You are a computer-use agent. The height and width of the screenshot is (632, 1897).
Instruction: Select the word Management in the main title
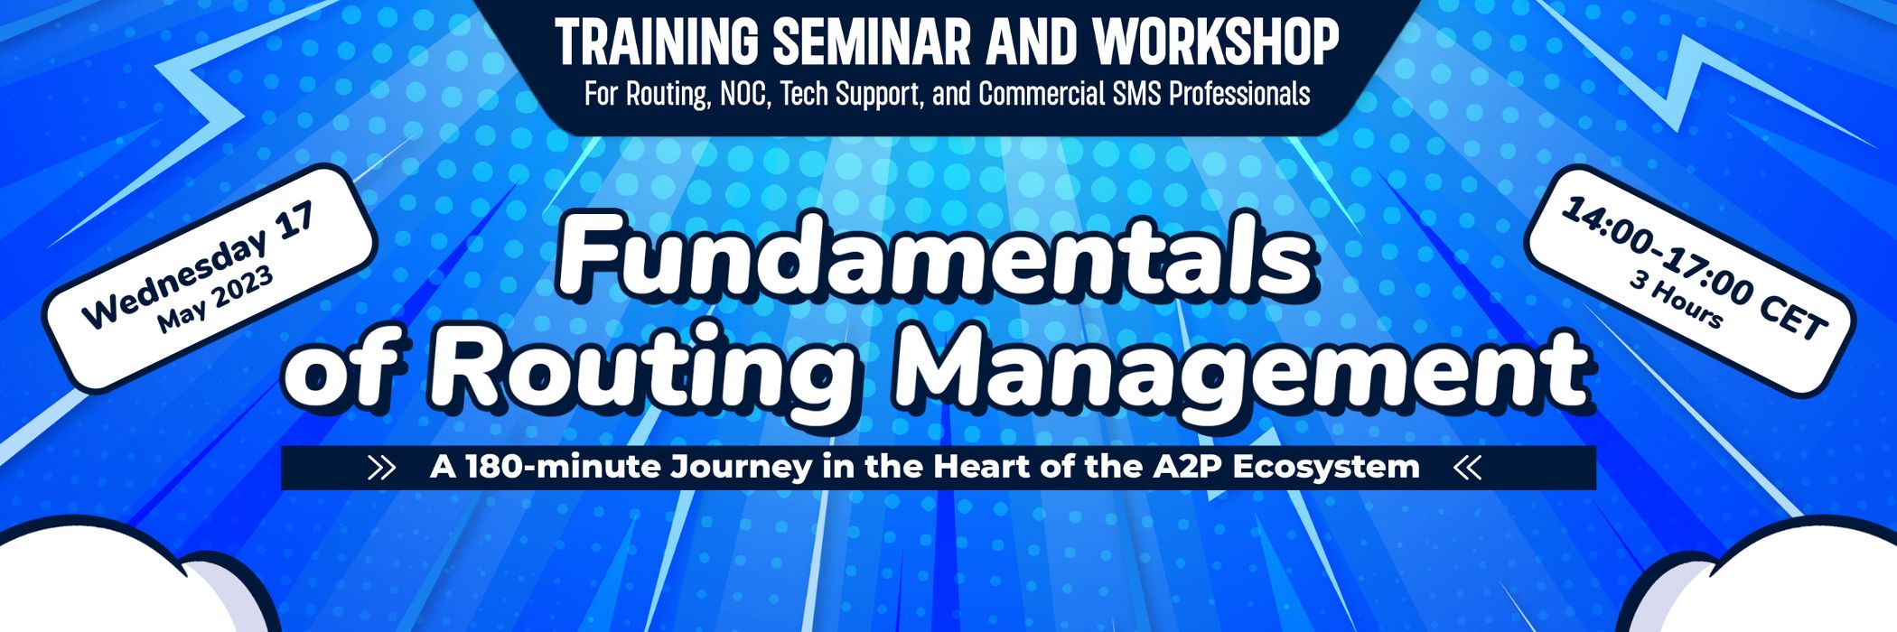tap(1243, 368)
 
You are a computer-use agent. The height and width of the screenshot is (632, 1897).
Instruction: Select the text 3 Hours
tap(1676, 299)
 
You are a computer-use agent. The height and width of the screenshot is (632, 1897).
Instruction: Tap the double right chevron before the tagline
tap(382, 468)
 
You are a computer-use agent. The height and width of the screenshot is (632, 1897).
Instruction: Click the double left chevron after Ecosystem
tap(1468, 468)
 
